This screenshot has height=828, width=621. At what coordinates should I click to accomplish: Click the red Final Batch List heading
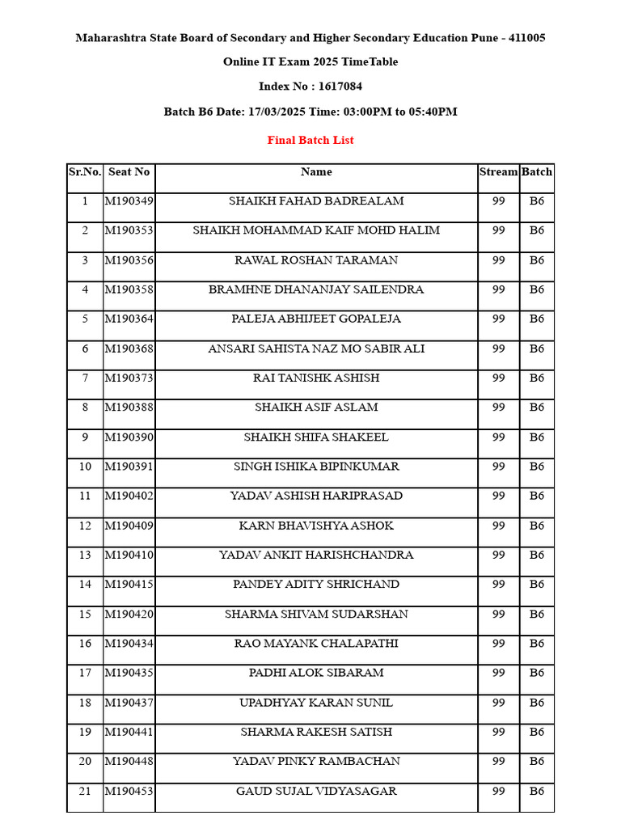(310, 140)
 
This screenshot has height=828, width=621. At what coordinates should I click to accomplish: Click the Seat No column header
(129, 171)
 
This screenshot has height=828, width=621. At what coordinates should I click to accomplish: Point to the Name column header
(316, 171)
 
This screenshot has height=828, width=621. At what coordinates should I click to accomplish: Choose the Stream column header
(498, 171)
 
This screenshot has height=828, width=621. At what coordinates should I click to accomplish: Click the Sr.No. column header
(85, 171)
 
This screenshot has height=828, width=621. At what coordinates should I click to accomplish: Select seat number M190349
(129, 201)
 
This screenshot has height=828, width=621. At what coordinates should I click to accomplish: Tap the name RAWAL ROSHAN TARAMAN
(316, 260)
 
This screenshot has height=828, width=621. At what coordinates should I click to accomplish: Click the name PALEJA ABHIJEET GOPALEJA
(316, 319)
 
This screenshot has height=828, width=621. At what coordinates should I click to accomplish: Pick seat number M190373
(129, 378)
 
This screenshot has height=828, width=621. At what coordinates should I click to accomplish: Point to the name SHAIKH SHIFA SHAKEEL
(316, 437)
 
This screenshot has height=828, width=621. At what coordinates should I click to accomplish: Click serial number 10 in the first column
(85, 467)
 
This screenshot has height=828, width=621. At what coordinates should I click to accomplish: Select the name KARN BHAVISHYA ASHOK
(316, 526)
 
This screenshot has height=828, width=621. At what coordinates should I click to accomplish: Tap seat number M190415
(129, 584)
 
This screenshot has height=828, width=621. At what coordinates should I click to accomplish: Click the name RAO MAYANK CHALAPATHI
(316, 644)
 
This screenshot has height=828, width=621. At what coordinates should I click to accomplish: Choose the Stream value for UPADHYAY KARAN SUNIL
(498, 703)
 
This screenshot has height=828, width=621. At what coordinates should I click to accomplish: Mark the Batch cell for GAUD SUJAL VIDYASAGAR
(537, 791)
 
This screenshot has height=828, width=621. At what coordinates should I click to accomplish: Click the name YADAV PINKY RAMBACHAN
(316, 761)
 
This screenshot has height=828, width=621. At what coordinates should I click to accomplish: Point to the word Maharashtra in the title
(112, 38)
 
